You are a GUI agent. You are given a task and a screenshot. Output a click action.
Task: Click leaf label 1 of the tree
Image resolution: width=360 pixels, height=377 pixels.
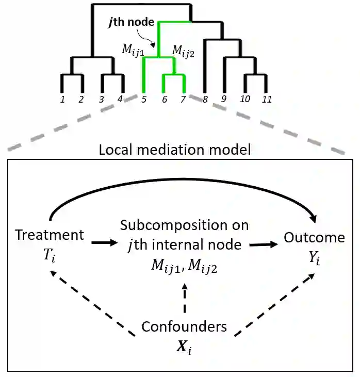[x=62, y=99]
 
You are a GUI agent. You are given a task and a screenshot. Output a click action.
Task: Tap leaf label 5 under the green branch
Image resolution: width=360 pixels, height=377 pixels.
[x=144, y=99]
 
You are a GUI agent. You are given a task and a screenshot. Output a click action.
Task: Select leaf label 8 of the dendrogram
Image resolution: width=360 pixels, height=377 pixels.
[x=205, y=99]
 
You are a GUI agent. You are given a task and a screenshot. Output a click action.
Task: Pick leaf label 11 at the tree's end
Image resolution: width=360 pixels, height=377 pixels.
[x=267, y=99]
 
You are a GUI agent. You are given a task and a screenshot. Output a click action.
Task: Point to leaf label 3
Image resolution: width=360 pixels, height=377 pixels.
[x=102, y=99]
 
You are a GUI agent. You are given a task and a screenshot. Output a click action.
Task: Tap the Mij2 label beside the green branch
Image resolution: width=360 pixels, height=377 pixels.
[x=183, y=51]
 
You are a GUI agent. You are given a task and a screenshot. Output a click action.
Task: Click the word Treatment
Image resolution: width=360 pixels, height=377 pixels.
[x=50, y=235]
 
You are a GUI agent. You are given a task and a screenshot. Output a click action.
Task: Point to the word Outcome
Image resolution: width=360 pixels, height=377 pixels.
[x=314, y=237]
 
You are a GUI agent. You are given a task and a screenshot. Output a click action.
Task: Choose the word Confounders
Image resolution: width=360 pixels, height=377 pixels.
[x=184, y=326]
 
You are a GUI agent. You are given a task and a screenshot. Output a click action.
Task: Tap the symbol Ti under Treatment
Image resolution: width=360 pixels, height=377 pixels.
[x=50, y=252]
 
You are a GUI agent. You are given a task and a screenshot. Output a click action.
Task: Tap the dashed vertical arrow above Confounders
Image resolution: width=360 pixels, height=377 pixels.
[x=184, y=299]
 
